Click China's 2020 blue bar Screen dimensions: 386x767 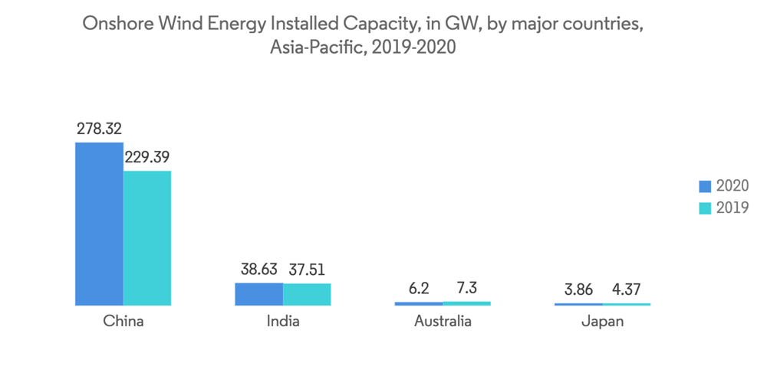99,224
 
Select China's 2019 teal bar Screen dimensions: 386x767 147,238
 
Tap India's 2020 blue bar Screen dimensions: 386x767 258,294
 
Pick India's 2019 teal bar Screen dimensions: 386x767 307,295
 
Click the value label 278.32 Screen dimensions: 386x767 99,129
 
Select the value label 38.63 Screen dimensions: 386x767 258,270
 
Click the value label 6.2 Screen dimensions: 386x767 419,289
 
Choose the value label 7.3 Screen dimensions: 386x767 467,289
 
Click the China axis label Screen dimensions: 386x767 123,322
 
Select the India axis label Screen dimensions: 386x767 283,322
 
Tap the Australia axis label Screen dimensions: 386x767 443,322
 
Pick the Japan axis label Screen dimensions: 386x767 602,322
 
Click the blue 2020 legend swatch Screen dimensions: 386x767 706,186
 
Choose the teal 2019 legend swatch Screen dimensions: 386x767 706,208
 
